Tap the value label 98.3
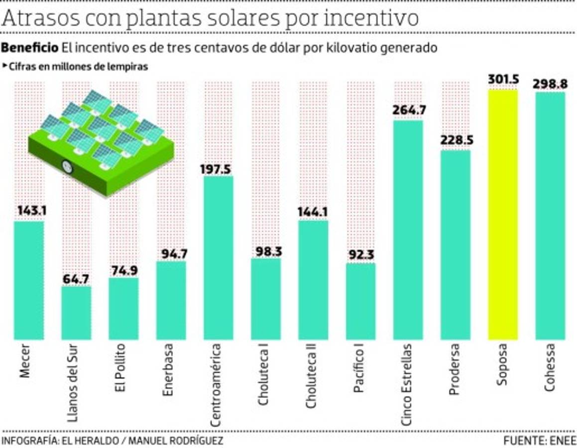click(x=265, y=251)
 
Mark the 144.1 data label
click(x=313, y=212)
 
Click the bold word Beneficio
click(x=30, y=48)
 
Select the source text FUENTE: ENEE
click(x=539, y=441)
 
